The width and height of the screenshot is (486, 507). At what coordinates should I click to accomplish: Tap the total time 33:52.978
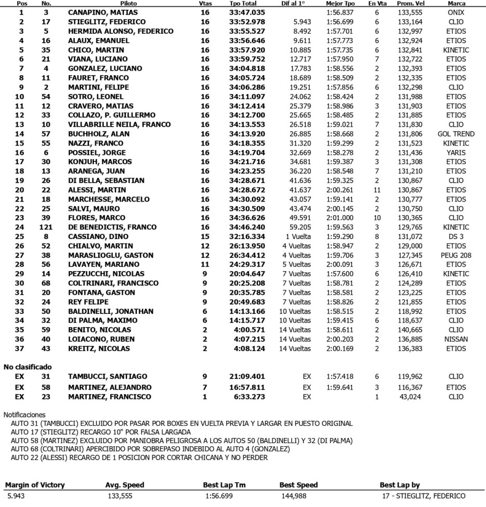[x=247, y=22]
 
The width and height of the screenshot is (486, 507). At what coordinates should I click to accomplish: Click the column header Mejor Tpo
[x=340, y=3]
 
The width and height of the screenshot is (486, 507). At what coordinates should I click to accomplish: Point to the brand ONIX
[x=456, y=12]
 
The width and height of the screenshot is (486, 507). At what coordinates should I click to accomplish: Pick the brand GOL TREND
[x=456, y=134]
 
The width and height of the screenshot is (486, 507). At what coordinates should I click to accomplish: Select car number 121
[x=46, y=228]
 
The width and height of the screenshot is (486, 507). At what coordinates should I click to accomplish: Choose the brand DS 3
[x=456, y=237]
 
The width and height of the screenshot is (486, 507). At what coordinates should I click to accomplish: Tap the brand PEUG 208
[x=456, y=256]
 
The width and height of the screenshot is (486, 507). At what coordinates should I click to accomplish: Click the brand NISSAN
[x=456, y=340]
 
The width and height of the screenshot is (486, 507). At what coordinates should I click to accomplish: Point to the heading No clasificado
[x=28, y=367]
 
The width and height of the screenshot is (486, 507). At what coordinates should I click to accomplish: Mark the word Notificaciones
[x=24, y=415]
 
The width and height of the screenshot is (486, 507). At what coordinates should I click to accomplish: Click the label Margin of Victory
[x=35, y=485]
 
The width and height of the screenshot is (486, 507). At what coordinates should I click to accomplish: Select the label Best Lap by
[x=402, y=485]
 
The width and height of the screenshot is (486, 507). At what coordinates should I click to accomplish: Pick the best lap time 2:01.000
[x=340, y=218]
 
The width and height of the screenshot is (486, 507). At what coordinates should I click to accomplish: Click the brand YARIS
[x=456, y=153]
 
